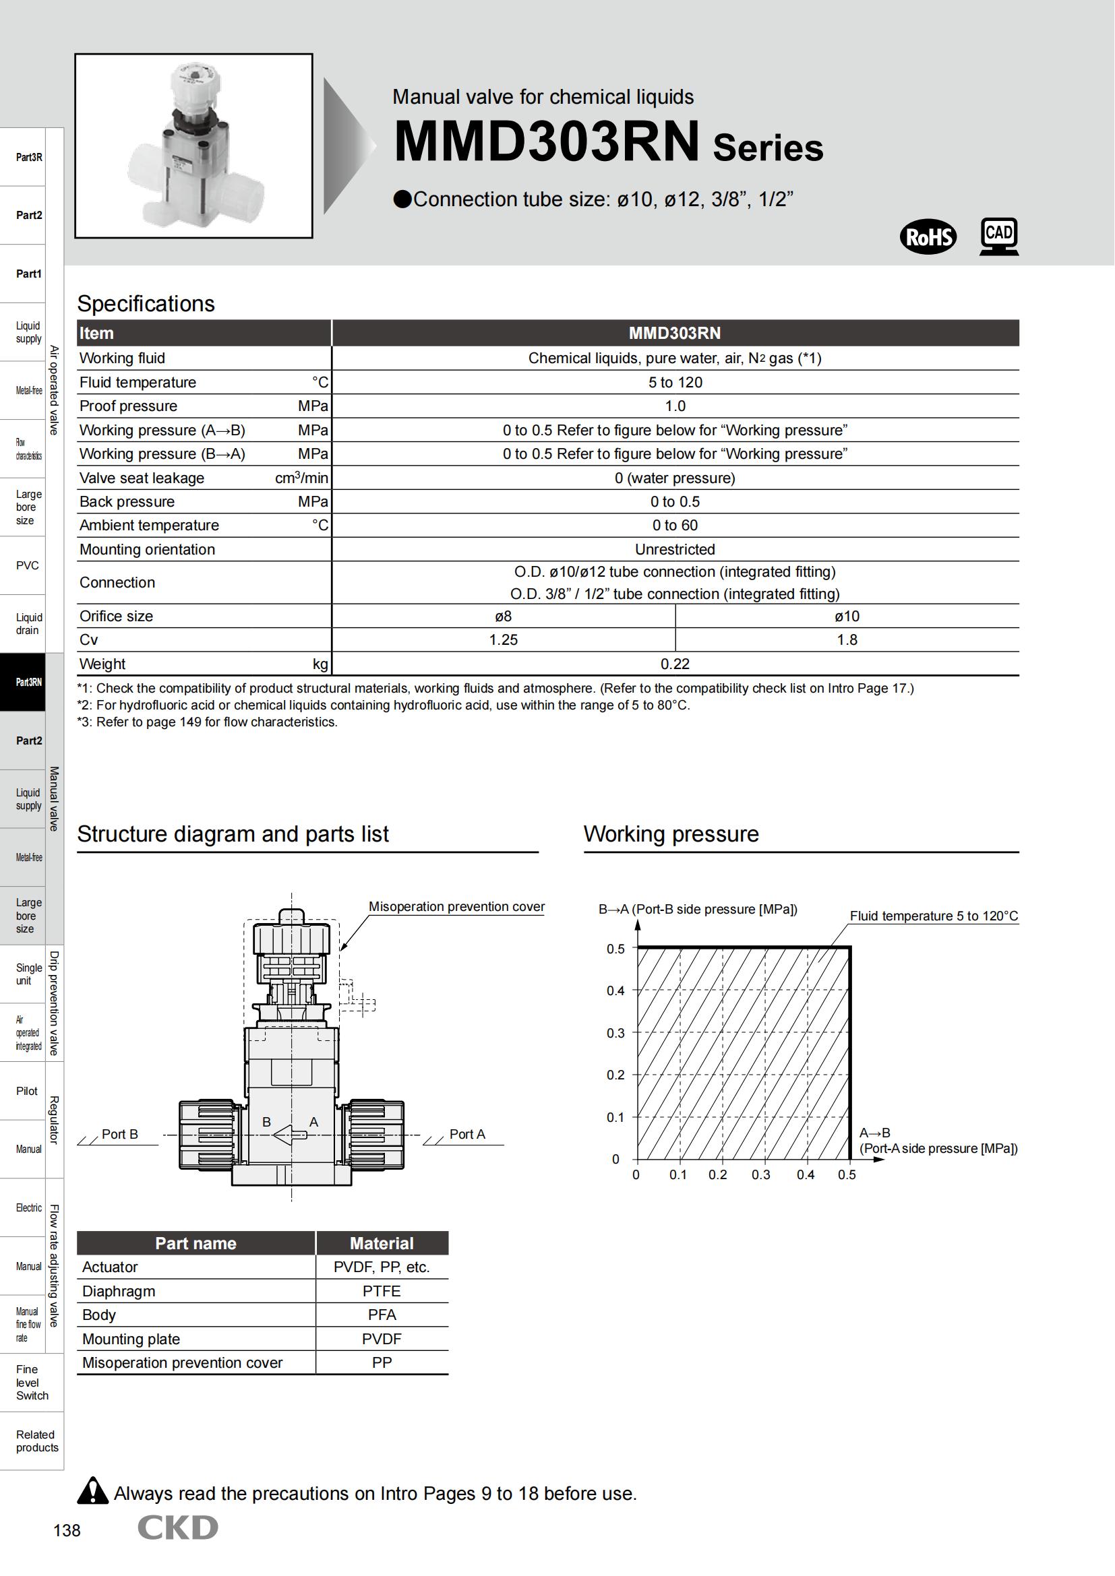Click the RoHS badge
pos(928,237)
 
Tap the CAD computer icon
pos(999,236)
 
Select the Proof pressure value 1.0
pos(675,406)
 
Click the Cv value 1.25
pos(504,639)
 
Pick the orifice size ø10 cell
pos(847,617)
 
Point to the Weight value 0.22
pos(675,664)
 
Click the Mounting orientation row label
pos(147,549)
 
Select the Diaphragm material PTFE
pos(382,1291)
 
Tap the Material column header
pos(382,1243)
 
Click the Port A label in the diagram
pos(467,1134)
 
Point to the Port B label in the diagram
pos(119,1134)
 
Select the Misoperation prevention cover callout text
pos(456,906)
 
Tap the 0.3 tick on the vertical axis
pos(616,1033)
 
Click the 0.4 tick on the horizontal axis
pos(806,1174)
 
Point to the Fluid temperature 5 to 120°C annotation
pos(934,916)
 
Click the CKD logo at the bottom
pos(178,1527)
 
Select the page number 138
pos(67,1530)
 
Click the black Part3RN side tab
pos(29,682)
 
